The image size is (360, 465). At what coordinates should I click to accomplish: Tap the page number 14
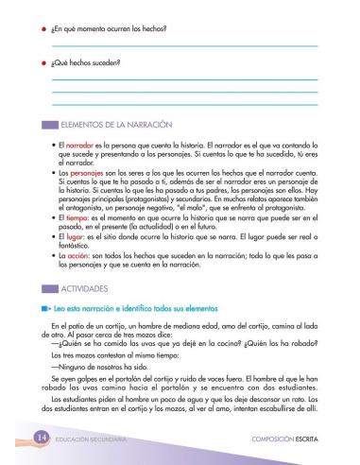[39, 441]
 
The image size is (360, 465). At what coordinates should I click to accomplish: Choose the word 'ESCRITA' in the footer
[311, 442]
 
